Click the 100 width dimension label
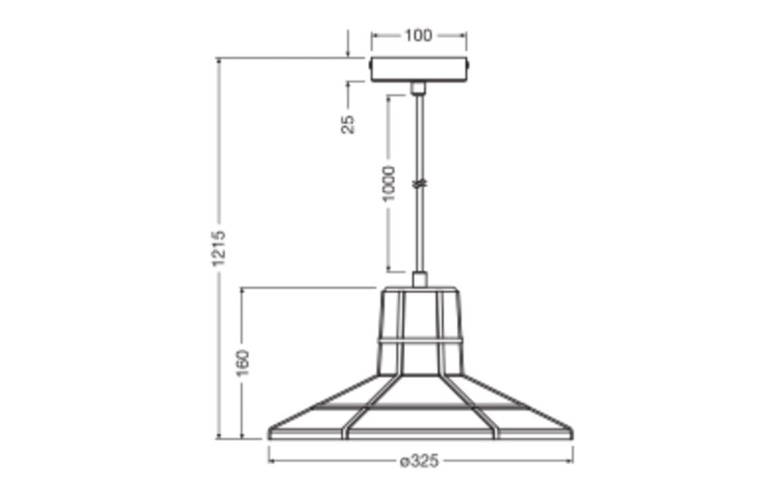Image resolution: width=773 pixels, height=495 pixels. point(418,36)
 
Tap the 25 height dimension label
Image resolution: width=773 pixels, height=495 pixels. point(348,124)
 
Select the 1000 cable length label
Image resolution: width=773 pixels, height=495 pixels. point(389,184)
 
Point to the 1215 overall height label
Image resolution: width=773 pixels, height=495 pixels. point(219,248)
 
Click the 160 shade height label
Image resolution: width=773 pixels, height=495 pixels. point(243,363)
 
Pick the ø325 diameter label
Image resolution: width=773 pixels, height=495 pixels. point(419,462)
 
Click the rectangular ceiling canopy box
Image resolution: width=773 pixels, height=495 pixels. point(419,70)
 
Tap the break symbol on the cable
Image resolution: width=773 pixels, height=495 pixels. point(419,183)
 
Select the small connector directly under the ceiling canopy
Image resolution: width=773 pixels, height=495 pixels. point(418,87)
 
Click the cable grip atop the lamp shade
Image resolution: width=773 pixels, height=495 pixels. point(420,279)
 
